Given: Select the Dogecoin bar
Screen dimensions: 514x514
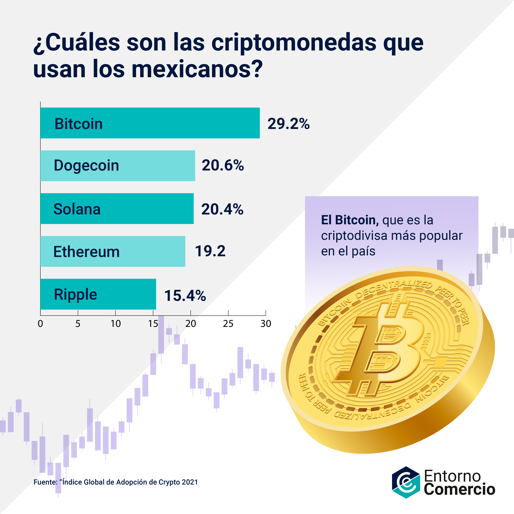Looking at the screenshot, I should (118, 166).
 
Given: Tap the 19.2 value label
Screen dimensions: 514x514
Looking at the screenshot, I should (210, 251).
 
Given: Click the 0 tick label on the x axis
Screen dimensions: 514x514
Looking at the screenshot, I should (40, 324).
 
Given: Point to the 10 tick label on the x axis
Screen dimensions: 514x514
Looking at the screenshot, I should (116, 324).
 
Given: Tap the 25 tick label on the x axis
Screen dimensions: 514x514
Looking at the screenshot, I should (228, 324).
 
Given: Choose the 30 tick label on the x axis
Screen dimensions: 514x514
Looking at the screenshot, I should (265, 324).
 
